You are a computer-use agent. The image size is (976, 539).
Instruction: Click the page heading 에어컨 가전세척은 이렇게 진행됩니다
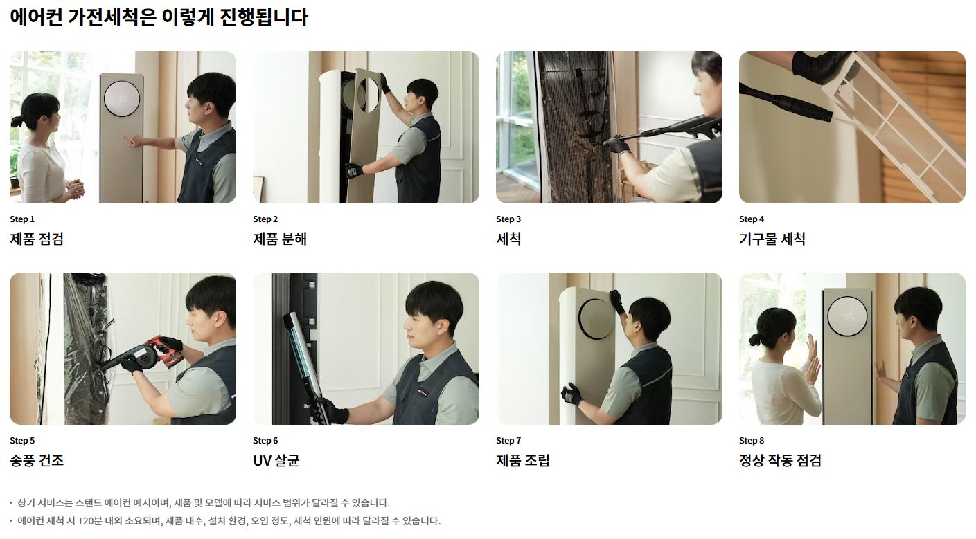[x=159, y=17]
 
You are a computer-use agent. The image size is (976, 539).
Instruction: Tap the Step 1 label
[x=22, y=219]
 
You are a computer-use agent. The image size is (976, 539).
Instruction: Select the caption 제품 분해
[x=280, y=239]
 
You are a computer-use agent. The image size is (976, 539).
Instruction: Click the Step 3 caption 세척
[x=508, y=239]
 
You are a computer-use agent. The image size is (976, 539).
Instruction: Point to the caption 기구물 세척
[x=772, y=239]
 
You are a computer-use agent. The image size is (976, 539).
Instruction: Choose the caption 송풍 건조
[x=37, y=460]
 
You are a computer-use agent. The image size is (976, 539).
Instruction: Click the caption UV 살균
[x=276, y=460]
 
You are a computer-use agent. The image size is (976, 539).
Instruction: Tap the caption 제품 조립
[x=523, y=460]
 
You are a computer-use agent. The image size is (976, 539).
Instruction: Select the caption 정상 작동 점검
[x=780, y=460]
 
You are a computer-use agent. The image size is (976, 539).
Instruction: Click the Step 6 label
[x=265, y=441]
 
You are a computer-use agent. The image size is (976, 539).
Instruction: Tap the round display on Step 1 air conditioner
[x=122, y=98]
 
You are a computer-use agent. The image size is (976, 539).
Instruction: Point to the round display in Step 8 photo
[x=847, y=316]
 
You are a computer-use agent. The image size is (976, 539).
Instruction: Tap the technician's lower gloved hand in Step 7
[x=572, y=394]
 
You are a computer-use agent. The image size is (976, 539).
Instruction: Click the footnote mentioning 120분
[x=229, y=521]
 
